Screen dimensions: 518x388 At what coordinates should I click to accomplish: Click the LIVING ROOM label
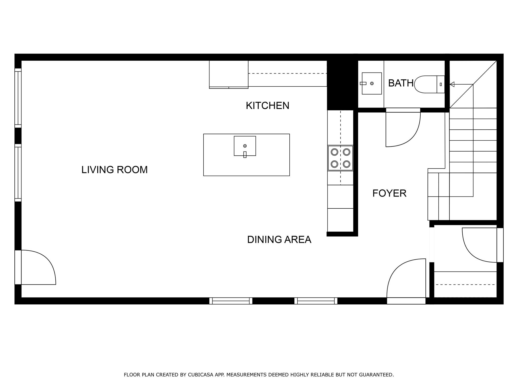click(114, 170)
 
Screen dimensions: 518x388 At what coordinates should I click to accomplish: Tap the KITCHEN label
click(268, 106)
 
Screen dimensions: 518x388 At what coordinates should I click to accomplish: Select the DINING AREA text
click(279, 239)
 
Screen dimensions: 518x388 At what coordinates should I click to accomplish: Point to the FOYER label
click(389, 193)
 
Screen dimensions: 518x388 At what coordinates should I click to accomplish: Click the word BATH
click(401, 83)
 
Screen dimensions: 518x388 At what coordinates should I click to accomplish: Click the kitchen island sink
click(245, 146)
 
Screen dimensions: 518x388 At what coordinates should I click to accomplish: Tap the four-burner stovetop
click(340, 158)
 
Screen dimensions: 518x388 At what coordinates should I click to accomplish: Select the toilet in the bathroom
click(429, 84)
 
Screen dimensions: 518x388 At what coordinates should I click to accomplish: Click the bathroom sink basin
click(372, 83)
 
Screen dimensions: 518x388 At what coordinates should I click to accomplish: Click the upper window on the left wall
click(18, 98)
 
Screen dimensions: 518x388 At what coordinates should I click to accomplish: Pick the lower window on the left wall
click(18, 173)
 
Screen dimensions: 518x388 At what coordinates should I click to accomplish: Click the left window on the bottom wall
click(231, 301)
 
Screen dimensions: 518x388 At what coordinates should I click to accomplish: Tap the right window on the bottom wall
click(316, 301)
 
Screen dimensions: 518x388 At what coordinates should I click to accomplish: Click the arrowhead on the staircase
click(452, 84)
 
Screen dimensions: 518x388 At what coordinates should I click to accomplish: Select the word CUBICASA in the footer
click(200, 375)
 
